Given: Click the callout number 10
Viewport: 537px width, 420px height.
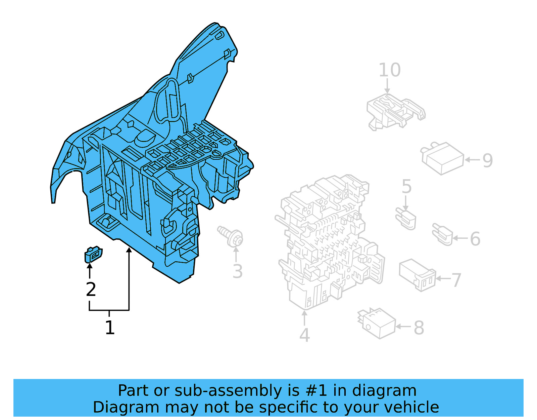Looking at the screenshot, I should (x=389, y=70).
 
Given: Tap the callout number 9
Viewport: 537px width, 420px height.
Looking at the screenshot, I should (x=487, y=160).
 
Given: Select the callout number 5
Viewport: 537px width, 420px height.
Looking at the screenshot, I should (x=406, y=186).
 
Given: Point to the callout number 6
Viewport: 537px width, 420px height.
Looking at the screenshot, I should (x=475, y=239).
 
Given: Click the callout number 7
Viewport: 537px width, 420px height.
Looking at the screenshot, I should (x=456, y=280).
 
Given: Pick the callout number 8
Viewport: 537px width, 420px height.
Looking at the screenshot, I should (x=419, y=328).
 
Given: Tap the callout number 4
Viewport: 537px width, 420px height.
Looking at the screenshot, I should (x=304, y=335).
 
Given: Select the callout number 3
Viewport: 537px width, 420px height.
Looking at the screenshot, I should (x=237, y=271).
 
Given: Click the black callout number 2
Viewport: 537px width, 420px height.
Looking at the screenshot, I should (x=91, y=289).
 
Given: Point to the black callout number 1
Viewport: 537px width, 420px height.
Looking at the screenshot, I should (x=110, y=327).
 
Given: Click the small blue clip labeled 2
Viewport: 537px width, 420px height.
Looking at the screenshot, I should (x=93, y=255).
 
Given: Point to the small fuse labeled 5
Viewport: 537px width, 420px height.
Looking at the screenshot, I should (x=407, y=219).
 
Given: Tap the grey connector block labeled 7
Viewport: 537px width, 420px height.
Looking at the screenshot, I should (x=417, y=274).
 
